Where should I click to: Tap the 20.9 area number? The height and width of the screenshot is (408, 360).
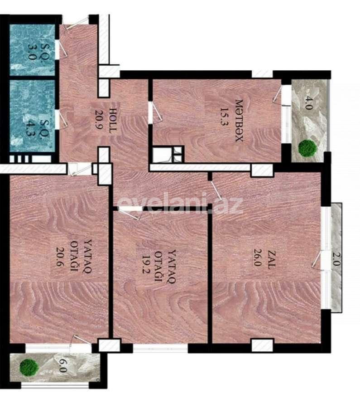(97, 121)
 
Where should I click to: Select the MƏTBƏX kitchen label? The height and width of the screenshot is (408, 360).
(239, 121)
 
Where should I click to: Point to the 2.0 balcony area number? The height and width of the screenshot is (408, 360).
(336, 259)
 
